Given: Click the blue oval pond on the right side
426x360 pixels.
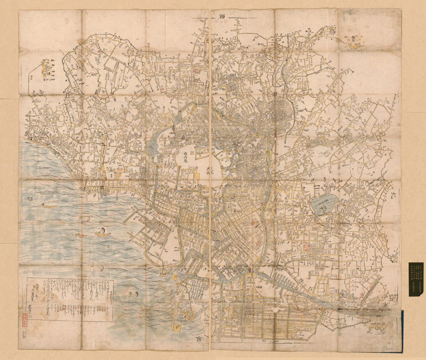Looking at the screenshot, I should point(325,203).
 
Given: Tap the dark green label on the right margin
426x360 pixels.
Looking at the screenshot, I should point(416,279).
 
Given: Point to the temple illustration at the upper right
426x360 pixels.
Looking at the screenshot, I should point(354,42).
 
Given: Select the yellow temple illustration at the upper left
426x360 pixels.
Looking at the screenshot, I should point(46,68).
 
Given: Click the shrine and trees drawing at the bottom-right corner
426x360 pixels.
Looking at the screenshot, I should point(375,328).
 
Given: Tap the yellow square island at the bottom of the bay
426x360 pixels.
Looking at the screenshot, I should point(177,328).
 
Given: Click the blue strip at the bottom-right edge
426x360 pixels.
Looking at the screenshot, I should point(402,329).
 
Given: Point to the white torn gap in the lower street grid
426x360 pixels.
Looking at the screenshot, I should point(276,310).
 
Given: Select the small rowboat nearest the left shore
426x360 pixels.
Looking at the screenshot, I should point(48,206).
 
